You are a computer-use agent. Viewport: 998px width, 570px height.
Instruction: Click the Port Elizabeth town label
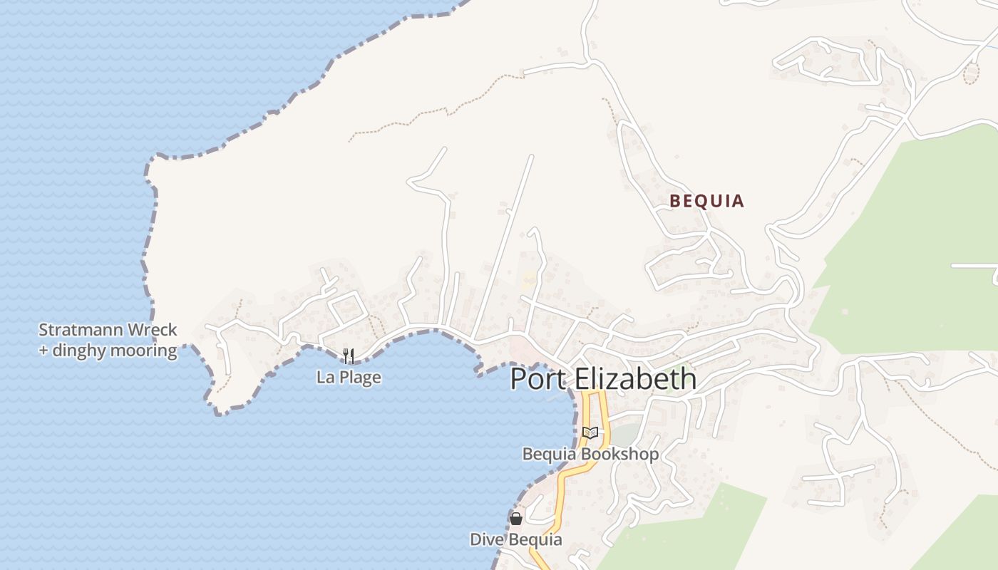click(x=603, y=378)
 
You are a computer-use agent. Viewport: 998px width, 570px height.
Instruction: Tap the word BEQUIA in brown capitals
click(x=706, y=202)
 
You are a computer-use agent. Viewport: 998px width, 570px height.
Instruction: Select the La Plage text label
click(x=349, y=377)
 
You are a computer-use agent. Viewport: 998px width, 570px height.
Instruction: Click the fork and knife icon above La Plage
click(x=349, y=355)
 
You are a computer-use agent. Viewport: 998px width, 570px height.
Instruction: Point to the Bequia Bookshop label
click(x=590, y=454)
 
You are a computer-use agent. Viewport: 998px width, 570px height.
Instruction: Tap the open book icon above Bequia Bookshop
click(x=590, y=432)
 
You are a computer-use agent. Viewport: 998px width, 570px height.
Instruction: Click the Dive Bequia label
click(x=515, y=539)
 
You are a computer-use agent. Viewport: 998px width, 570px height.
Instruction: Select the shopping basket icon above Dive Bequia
click(x=515, y=519)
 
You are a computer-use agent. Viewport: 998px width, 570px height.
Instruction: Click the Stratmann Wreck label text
click(x=108, y=330)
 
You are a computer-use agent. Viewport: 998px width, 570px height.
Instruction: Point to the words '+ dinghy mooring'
click(x=108, y=350)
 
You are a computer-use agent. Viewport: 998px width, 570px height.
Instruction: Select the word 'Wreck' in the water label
click(x=152, y=330)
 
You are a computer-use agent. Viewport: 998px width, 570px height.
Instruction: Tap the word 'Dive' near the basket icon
click(x=485, y=539)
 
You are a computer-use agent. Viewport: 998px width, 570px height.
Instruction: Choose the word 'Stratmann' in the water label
click(x=81, y=330)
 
